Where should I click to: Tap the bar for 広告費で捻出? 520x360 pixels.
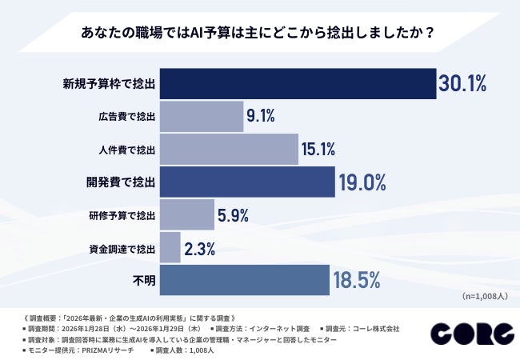[x=202, y=116]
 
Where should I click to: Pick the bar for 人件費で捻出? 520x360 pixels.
[x=229, y=149]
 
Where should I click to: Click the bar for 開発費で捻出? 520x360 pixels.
[x=246, y=182]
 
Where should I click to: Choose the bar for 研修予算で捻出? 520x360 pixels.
[x=186, y=214]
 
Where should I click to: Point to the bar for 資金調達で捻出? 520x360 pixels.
[x=170, y=247]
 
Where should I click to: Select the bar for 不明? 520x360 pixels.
[x=244, y=280]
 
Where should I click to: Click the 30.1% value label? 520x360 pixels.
[x=462, y=83]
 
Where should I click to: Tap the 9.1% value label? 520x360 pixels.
[x=261, y=116]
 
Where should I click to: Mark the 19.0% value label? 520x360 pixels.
[x=362, y=182]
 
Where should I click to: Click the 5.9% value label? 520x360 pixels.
[x=234, y=214]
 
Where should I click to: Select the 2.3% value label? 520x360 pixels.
[x=200, y=248]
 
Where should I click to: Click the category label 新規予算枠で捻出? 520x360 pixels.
[x=108, y=83]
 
